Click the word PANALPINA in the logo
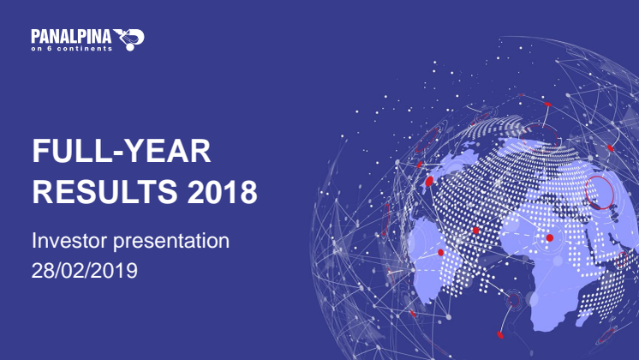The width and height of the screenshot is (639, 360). tap(71, 37)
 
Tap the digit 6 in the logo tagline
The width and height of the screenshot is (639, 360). tap(50, 49)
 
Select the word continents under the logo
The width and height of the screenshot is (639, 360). tap(85, 49)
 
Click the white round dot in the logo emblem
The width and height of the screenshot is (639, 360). tap(130, 47)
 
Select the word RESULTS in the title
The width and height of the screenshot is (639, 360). tap(105, 191)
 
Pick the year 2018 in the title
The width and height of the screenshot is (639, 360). tap(222, 191)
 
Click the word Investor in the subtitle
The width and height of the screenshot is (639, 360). tap(69, 241)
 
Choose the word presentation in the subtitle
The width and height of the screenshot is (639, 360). tap(171, 242)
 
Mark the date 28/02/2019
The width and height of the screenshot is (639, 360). tap(85, 270)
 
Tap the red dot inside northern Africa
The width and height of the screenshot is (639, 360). tap(550, 237)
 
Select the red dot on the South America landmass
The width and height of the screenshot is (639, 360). tap(440, 252)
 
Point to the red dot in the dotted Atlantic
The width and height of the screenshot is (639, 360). tap(475, 231)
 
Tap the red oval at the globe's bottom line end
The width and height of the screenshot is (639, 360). tap(500, 335)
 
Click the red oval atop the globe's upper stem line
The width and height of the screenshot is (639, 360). tap(547, 105)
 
